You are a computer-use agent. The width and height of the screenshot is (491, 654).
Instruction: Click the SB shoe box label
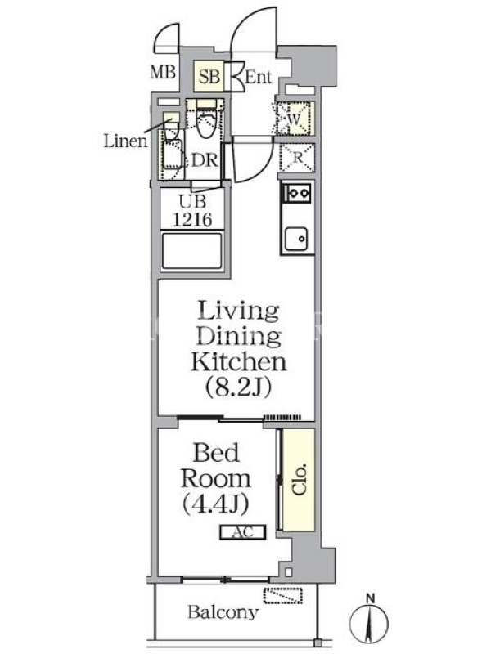tap(209, 77)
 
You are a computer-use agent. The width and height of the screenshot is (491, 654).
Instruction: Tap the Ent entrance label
tap(259, 77)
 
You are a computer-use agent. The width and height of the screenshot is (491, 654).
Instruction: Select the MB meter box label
tap(163, 73)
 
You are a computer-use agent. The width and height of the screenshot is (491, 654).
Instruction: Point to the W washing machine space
tap(295, 119)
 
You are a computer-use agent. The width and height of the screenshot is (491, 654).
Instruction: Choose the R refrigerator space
tap(297, 158)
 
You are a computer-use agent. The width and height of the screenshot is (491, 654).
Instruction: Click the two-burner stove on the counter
tap(297, 193)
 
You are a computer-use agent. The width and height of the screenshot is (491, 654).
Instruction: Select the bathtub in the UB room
tap(192, 251)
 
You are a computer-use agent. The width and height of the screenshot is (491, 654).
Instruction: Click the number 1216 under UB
tap(193, 219)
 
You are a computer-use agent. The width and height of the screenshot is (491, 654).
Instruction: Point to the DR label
tap(205, 160)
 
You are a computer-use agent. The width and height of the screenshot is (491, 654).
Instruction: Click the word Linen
tap(126, 141)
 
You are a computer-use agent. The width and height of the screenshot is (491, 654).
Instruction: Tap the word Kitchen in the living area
tap(239, 361)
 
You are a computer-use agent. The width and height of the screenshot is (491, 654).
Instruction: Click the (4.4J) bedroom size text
tap(216, 504)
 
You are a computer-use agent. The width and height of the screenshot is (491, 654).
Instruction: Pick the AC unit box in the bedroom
tap(243, 532)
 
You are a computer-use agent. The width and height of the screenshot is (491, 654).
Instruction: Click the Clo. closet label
tap(299, 479)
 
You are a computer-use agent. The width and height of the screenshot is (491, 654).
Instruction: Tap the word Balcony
tap(223, 612)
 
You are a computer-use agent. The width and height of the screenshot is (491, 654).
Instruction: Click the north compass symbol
tap(370, 621)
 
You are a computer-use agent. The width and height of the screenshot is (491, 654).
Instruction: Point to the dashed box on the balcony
tap(283, 595)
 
